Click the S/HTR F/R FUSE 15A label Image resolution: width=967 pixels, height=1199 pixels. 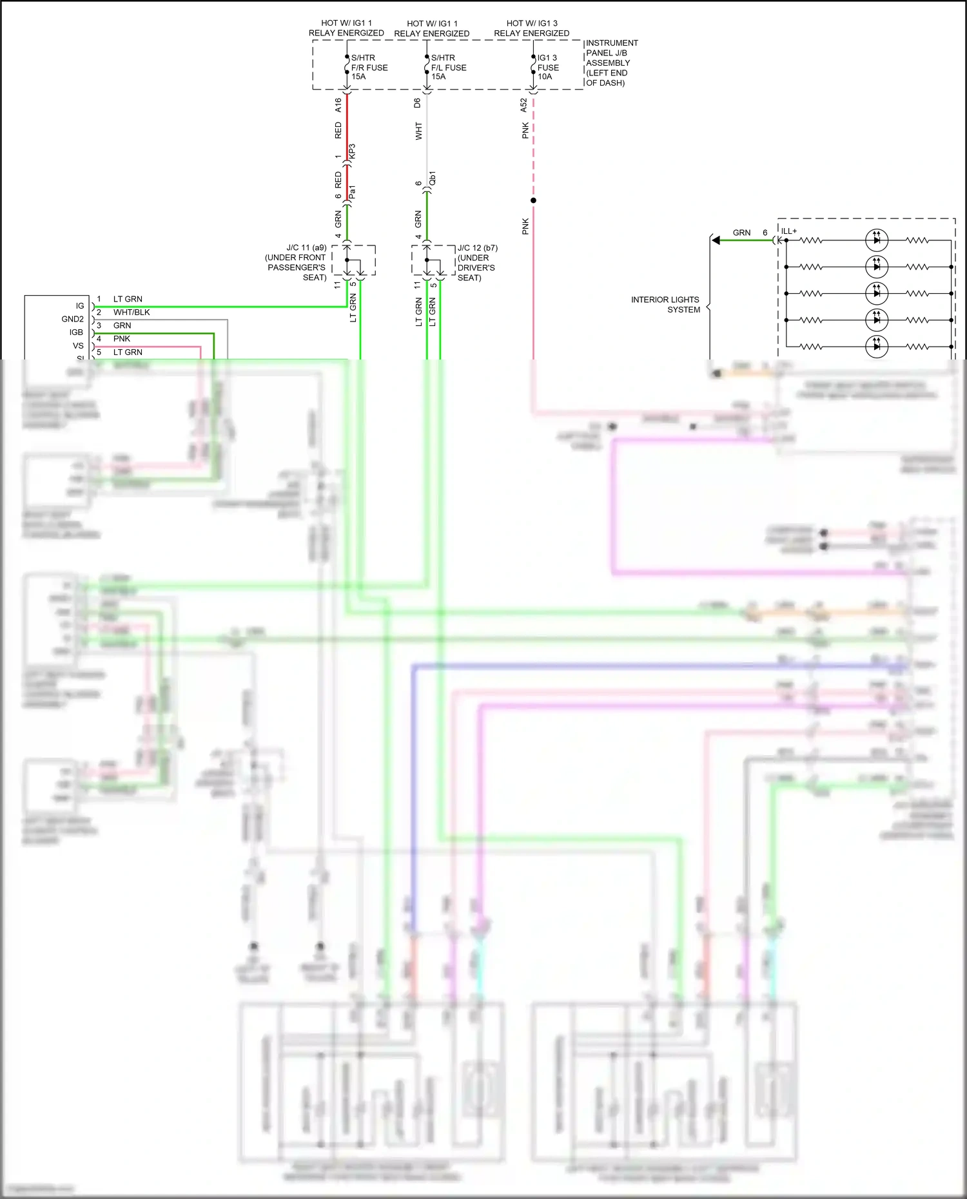pyautogui.click(x=369, y=67)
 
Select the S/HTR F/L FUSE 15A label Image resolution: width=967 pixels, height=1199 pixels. pyautogui.click(x=448, y=67)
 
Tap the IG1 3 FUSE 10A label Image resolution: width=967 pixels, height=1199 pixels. pyautogui.click(x=548, y=67)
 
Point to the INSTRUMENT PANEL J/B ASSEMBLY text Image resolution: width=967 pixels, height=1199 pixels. pyautogui.click(x=611, y=62)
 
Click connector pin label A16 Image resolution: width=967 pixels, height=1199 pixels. pyautogui.click(x=338, y=105)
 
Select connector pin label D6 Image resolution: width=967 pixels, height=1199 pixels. pyautogui.click(x=418, y=102)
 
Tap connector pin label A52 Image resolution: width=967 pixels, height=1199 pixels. pyautogui.click(x=524, y=105)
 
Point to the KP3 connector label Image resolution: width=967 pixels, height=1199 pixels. pyautogui.click(x=352, y=151)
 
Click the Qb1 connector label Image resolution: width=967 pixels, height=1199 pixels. pyautogui.click(x=433, y=178)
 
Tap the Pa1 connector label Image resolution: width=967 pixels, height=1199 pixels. pyautogui.click(x=352, y=192)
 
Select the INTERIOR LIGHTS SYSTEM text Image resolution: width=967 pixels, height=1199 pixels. pyautogui.click(x=665, y=305)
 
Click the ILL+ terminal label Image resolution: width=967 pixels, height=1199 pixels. pyautogui.click(x=789, y=231)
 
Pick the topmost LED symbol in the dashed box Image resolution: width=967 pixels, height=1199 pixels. pyautogui.click(x=876, y=240)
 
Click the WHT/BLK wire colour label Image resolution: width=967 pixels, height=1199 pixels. pyautogui.click(x=132, y=312)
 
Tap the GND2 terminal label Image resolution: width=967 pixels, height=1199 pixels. pyautogui.click(x=73, y=319)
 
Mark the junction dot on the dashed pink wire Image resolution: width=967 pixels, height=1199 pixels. pyautogui.click(x=533, y=200)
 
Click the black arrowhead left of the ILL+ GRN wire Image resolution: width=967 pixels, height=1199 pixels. pyautogui.click(x=716, y=240)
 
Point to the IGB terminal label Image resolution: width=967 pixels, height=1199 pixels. pyautogui.click(x=77, y=332)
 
